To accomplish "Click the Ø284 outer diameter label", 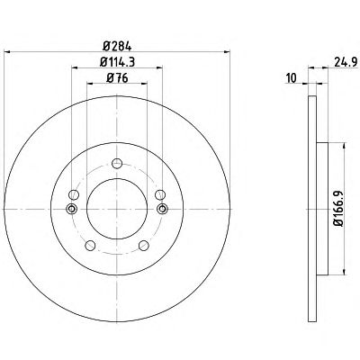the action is coord(117,47).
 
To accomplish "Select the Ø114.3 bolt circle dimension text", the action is coord(117,62).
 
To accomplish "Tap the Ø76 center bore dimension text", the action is coord(117,78).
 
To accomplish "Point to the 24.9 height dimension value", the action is coord(346,62).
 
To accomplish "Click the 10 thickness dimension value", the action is coord(292,78).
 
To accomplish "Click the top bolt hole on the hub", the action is coord(117,164).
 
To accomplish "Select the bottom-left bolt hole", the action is coord(90,246).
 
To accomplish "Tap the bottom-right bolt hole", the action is coord(144,246).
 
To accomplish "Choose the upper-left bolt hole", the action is coord(74,194).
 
